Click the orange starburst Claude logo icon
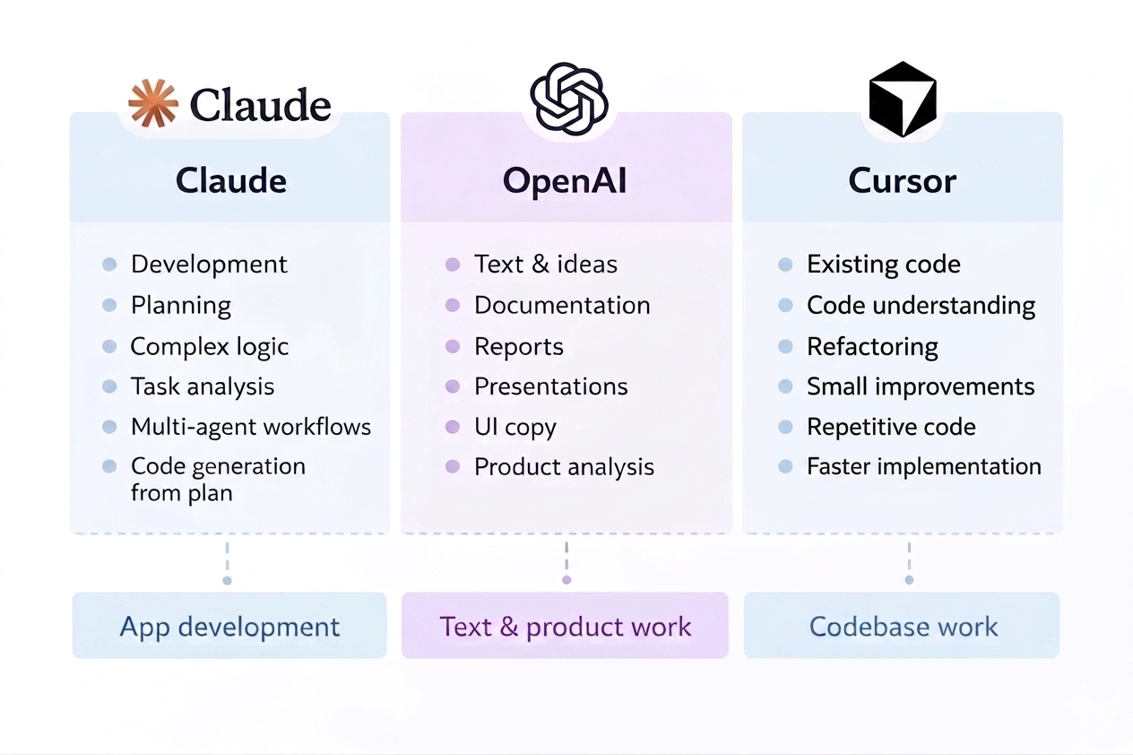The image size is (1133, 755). (x=153, y=103)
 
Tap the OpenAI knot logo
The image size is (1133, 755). (x=569, y=99)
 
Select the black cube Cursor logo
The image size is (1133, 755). (x=903, y=99)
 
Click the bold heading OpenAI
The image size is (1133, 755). (x=565, y=181)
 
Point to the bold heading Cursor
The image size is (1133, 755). (x=903, y=181)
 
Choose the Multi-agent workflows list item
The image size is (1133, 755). (x=251, y=427)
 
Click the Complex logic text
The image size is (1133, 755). (x=210, y=346)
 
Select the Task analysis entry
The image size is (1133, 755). (x=203, y=386)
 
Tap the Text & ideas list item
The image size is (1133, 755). (x=546, y=265)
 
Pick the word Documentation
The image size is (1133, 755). (x=562, y=305)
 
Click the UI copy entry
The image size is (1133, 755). (x=515, y=427)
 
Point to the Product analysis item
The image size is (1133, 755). (x=564, y=467)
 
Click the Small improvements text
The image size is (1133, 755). (x=921, y=386)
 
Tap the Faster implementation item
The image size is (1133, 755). (x=924, y=467)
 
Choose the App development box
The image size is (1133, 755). (x=229, y=626)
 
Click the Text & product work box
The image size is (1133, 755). (x=565, y=626)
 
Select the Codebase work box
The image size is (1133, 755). (x=903, y=626)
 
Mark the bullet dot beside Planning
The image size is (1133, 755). (x=109, y=306)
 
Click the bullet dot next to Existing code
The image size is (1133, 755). (x=785, y=265)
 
